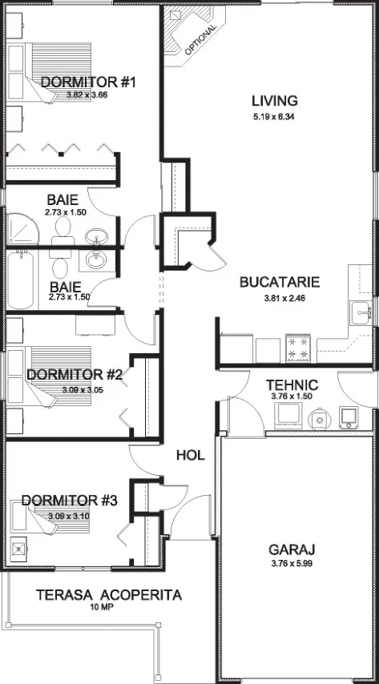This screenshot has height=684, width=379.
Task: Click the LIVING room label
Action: pos(275,101)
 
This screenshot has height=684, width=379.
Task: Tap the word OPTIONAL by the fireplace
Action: pos(200,39)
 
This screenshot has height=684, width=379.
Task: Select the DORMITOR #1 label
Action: pos(89,82)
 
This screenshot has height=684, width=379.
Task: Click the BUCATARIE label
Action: pos(280,282)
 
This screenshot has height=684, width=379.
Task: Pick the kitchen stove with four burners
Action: pos(298,348)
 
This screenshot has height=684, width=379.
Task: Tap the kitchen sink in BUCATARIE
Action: pos(361,312)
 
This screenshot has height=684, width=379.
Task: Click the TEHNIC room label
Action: pos(292,385)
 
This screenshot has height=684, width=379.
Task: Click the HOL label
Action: pos(191,456)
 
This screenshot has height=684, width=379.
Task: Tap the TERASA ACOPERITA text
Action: pos(109,595)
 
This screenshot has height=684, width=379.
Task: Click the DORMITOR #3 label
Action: pos(69,501)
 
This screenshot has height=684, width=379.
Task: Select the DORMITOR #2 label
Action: pos(75,375)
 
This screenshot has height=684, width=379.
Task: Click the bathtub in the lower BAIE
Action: pos(21,280)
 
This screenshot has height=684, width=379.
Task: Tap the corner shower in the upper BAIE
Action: pos(22,229)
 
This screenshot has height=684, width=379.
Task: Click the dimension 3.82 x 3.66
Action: pos(87,95)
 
